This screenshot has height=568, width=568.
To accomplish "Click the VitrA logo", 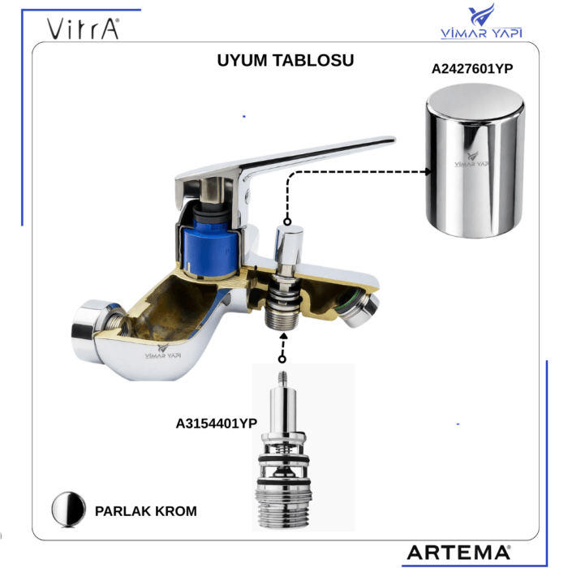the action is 83,28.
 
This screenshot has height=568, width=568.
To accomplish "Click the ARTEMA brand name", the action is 458,553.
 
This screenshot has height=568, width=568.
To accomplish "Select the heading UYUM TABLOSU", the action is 286,61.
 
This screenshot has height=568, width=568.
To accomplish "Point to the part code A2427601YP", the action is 472,68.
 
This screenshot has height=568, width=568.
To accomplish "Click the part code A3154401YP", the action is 217,423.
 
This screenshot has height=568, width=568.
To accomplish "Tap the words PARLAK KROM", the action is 145,511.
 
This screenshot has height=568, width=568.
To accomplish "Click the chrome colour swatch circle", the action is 68,509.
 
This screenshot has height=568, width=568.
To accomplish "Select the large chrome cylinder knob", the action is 475,161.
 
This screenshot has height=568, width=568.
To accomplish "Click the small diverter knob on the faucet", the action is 289,244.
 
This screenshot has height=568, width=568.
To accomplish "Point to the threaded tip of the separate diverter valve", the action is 283,379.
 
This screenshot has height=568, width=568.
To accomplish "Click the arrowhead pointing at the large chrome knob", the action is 428,171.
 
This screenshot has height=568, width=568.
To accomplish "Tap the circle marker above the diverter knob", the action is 287,222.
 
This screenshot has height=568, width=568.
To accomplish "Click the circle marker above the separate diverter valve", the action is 282,359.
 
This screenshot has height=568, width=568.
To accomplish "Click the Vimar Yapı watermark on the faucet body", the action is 163,352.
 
